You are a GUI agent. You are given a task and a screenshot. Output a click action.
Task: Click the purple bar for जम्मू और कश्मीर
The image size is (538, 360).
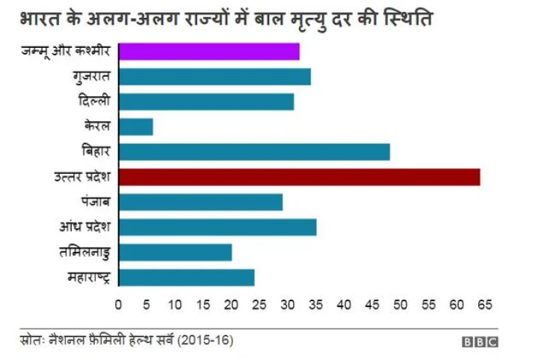[x=209, y=52]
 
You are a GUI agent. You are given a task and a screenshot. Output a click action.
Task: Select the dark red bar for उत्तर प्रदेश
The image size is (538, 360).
[x=299, y=177]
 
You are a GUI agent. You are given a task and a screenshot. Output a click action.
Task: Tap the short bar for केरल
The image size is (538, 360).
[x=136, y=127]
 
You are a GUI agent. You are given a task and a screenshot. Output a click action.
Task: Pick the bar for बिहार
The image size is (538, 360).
[x=254, y=152]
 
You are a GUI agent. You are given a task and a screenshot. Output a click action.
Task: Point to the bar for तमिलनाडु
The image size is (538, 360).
[x=175, y=252]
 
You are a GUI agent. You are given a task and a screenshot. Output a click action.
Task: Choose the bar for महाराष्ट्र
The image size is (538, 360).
[x=186, y=278]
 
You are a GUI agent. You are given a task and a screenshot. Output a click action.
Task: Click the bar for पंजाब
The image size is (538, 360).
[x=200, y=202]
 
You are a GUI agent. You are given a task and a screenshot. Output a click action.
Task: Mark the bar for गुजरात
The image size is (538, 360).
[x=214, y=76]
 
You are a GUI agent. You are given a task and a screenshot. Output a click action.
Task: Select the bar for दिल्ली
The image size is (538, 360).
[x=206, y=102]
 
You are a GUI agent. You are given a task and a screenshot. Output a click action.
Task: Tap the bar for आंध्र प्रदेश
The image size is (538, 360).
[x=217, y=227]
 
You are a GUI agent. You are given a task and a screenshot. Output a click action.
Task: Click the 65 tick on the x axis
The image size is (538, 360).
[x=484, y=305]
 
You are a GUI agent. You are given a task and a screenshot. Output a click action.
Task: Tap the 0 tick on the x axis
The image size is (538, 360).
[x=118, y=305]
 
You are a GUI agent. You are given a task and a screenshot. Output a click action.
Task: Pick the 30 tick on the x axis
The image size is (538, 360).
[x=288, y=305]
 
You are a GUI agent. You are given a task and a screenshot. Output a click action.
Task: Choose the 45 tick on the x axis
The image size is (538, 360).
[x=372, y=305]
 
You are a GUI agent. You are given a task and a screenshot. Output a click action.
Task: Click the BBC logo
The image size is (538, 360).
[x=480, y=342]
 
